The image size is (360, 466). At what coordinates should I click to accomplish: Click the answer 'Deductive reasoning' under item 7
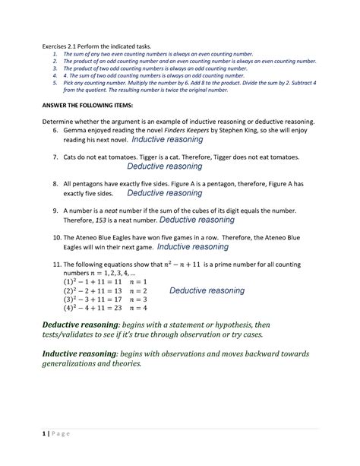[164, 166]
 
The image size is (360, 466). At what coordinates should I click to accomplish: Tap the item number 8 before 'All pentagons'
[55, 184]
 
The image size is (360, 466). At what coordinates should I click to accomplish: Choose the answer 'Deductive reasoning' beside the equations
[207, 290]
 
